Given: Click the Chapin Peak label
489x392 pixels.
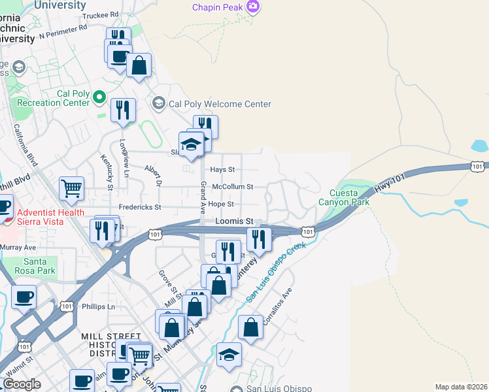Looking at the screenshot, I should coord(217,7).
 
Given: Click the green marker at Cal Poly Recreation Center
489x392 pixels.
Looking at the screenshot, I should coord(99,98).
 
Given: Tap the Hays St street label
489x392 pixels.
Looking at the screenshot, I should coord(222,169).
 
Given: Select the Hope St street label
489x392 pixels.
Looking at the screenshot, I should coord(222,204).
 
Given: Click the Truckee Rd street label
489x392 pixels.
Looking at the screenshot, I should coord(101,14).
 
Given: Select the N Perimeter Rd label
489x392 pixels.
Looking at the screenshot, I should coord(63,31).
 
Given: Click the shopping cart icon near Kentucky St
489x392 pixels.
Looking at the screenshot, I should coord(71,188).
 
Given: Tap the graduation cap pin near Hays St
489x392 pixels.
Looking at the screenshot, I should coord(192,145).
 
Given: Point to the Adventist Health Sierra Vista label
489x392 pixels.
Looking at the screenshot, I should coord(50,216).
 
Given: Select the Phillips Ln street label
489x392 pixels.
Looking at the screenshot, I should coord(98,306).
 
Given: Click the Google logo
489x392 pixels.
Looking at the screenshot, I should coord(22,384).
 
